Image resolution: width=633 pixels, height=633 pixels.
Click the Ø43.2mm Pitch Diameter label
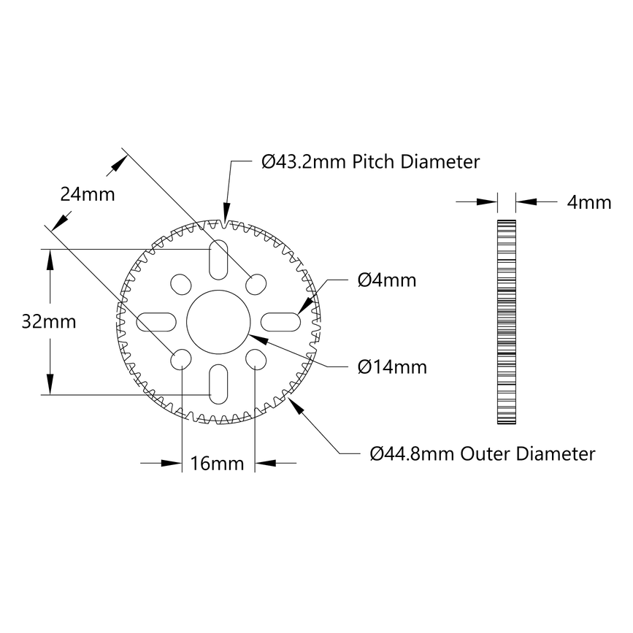(370, 161)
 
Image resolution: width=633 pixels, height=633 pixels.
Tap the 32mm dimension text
(50, 322)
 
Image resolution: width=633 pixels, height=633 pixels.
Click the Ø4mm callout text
(387, 280)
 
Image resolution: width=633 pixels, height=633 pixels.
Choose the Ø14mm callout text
(392, 367)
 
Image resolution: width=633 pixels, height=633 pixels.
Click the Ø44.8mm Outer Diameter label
(482, 453)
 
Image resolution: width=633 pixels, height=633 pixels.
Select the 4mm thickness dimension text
(588, 202)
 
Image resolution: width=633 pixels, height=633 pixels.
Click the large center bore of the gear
(218, 322)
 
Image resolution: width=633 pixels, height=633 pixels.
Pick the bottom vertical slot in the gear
(218, 382)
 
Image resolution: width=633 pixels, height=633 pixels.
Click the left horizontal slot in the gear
(157, 321)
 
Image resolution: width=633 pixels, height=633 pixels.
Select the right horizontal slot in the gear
(280, 321)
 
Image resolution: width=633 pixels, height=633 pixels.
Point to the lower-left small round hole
(180, 358)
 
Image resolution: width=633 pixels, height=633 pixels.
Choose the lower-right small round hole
(256, 358)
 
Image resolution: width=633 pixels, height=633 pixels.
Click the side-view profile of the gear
(506, 322)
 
